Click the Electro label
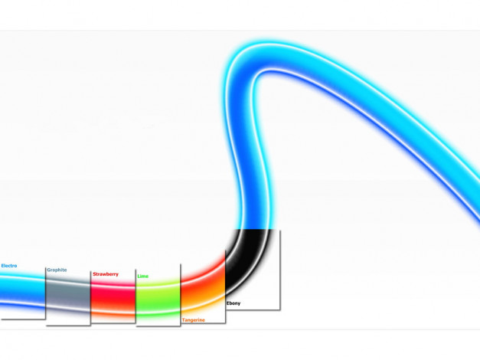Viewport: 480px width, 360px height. coord(9,266)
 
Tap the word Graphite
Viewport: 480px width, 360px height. coord(57,270)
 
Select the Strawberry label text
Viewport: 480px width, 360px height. coord(106,274)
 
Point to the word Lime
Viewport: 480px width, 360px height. coord(143,277)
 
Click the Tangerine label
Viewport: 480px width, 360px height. coord(194,320)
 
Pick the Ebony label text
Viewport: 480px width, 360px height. coord(233,303)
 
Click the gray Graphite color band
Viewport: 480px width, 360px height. coord(68,294)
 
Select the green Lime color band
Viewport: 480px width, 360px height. coord(158,298)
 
